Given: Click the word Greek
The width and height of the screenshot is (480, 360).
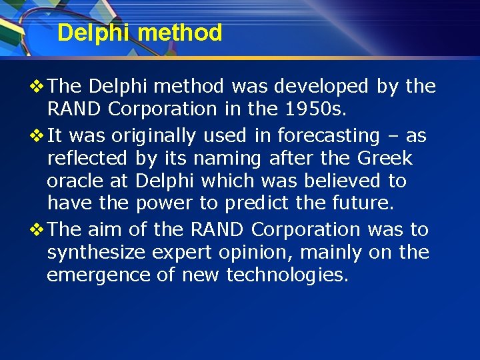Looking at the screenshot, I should (x=385, y=158).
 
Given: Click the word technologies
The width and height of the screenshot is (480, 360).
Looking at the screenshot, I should (x=287, y=275).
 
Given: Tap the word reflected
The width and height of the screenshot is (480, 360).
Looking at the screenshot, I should (x=87, y=158).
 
